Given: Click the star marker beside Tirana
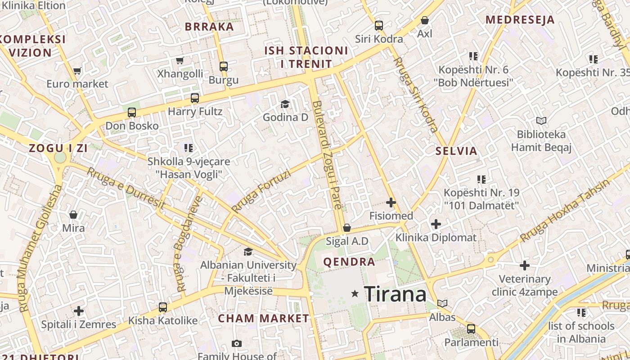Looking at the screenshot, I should (355, 294).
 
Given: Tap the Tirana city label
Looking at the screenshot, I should (395, 294).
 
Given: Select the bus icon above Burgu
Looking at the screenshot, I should (224, 67).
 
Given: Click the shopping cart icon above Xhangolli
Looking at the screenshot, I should (180, 60).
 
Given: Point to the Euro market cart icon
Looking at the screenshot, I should (77, 71).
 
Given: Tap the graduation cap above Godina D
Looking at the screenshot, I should (285, 104).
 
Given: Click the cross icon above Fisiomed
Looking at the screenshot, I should (391, 202).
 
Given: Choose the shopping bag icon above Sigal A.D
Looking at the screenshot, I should (346, 228).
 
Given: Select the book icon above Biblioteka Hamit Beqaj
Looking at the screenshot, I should (541, 121).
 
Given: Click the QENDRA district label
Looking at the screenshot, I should (349, 262).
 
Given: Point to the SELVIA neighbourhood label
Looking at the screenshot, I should (456, 151).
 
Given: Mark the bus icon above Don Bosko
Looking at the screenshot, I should (131, 112).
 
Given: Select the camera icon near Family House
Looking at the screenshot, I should (237, 344).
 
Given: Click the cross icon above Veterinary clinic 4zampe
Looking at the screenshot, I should (524, 265).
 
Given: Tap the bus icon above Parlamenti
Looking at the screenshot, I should (471, 328).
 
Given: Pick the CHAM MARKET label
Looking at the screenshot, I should (264, 319).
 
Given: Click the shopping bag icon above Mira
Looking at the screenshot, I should (73, 215).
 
